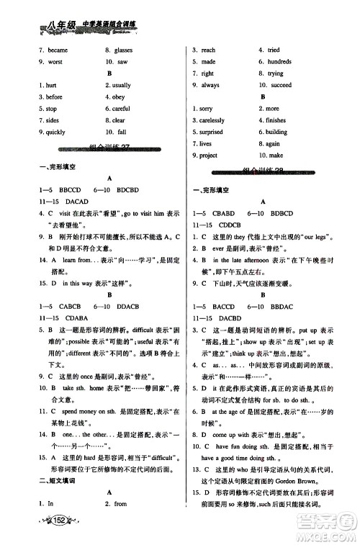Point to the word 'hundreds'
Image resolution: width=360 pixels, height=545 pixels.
pos(280,62)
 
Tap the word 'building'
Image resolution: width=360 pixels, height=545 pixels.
pos(277,132)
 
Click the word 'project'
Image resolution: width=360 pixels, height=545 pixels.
pos(209,156)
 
